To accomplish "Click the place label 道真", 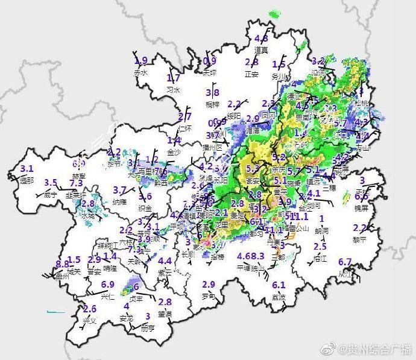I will [x=261, y=50].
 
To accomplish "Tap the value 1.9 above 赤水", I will [x=141, y=61].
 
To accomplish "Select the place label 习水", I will [x=173, y=89].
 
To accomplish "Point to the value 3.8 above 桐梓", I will [x=212, y=92].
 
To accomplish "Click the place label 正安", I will [x=251, y=74].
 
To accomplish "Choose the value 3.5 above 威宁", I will [x=51, y=183].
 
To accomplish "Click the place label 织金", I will [x=145, y=207].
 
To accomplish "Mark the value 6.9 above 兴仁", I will [x=108, y=285].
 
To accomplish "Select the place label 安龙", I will [x=127, y=318].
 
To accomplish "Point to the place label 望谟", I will [x=165, y=314].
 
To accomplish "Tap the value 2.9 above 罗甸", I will [x=209, y=285].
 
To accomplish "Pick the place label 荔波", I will [x=279, y=297].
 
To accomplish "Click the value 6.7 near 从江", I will [x=345, y=262].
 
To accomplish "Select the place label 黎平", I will [x=359, y=239].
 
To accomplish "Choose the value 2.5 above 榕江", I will [x=320, y=247].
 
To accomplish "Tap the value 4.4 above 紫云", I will [x=165, y=261].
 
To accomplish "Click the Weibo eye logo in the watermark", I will [x=329, y=350].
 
